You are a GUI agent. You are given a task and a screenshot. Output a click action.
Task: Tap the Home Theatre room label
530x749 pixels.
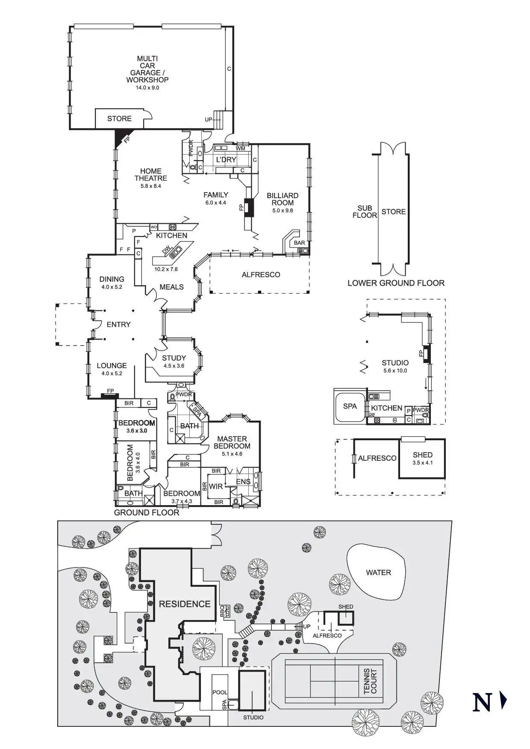(150, 175)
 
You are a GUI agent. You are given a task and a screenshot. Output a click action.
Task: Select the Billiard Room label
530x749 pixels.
(283, 199)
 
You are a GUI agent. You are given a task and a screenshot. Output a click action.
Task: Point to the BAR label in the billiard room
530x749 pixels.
(300, 243)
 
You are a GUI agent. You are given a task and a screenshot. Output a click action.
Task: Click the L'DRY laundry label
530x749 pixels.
(226, 160)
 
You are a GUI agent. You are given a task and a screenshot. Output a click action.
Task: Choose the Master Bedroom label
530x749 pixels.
(232, 442)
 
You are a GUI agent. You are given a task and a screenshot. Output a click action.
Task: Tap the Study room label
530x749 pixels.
(174, 358)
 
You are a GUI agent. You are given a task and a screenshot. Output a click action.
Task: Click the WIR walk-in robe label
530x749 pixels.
(216, 486)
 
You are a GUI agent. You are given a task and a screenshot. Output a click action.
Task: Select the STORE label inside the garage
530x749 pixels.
(119, 119)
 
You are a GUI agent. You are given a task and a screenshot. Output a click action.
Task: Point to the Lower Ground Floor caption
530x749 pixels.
(396, 283)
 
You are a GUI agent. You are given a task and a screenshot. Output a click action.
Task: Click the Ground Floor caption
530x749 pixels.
(147, 512)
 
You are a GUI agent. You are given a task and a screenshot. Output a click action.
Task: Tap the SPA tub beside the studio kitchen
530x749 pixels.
(350, 406)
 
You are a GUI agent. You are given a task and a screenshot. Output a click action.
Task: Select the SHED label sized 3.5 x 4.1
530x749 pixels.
(422, 455)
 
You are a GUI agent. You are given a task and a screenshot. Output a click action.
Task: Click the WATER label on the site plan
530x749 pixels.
(378, 573)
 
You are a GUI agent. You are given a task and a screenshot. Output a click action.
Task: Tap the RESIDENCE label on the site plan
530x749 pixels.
(185, 604)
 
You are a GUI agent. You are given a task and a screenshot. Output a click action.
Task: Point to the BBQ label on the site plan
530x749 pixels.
(222, 611)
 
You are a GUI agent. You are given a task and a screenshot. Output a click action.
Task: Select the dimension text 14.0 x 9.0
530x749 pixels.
(147, 88)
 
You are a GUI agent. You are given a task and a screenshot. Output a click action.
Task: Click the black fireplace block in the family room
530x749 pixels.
(249, 207)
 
